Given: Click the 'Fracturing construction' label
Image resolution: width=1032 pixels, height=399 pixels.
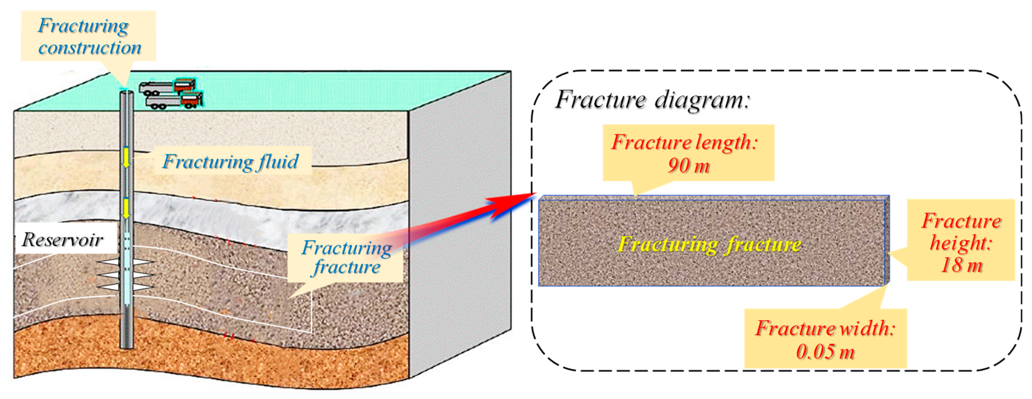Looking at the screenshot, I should click(89, 36).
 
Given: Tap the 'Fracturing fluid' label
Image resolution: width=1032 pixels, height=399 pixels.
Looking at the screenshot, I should click(231, 162).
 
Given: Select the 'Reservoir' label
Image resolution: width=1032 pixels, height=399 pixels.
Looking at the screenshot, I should click(62, 239).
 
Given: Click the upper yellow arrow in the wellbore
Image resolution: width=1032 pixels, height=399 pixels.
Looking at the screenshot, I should click(126, 157).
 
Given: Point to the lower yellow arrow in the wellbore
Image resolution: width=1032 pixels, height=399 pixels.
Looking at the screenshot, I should click(126, 208).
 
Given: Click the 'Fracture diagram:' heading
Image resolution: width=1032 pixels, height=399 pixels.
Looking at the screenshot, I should click(652, 99).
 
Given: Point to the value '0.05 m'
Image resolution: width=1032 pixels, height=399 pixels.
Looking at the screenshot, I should click(825, 352).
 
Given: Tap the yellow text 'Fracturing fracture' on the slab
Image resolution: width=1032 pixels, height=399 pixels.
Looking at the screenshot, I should click(709, 244).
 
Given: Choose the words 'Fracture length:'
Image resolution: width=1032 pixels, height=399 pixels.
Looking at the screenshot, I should click(684, 142).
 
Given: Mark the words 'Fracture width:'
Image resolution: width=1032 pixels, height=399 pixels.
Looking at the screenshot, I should click(825, 328).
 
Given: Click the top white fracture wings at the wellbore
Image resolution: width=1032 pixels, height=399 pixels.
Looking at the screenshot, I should click(126, 263).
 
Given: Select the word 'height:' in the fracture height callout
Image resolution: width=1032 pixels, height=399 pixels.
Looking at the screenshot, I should click(961, 243).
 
